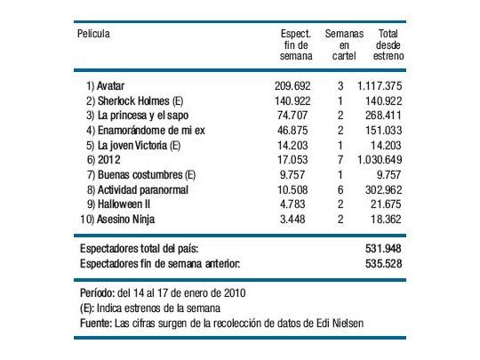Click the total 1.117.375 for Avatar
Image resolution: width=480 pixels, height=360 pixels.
click(x=380, y=86)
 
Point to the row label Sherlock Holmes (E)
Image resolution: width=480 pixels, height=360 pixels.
click(x=136, y=100)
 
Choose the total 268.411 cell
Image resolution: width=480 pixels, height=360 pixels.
click(x=386, y=115)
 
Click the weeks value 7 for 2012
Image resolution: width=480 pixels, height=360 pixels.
click(x=341, y=158)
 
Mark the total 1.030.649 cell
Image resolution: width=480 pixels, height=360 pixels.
click(x=380, y=158)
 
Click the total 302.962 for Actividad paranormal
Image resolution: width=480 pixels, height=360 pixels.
click(x=386, y=188)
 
